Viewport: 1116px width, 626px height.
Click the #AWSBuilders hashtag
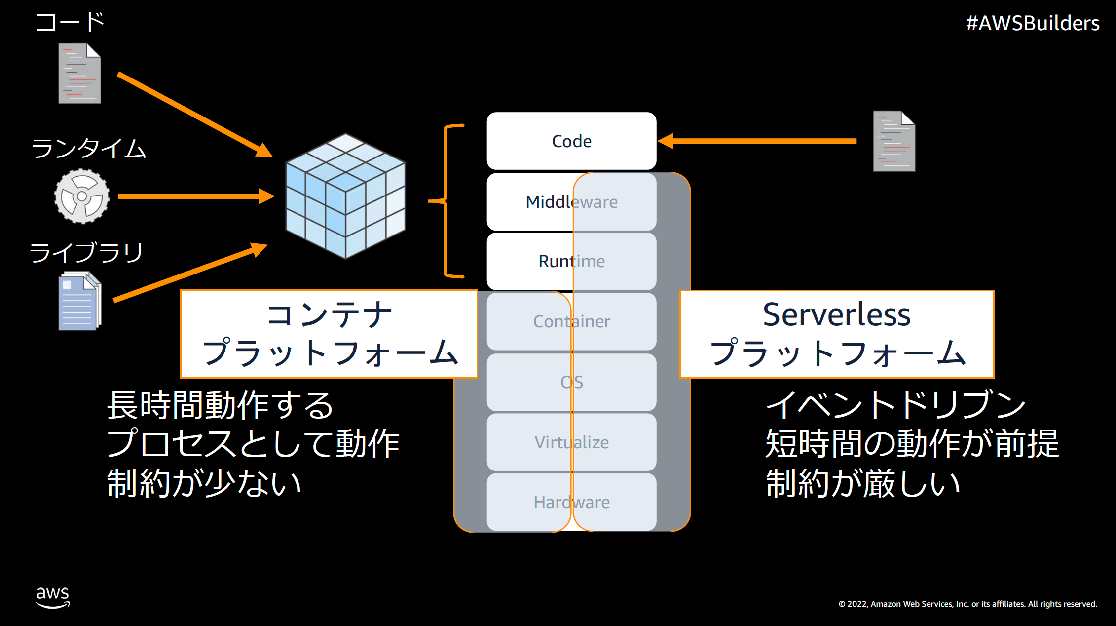1032,23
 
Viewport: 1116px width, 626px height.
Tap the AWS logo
53,597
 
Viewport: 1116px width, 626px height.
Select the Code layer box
571,141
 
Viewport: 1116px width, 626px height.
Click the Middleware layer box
571,202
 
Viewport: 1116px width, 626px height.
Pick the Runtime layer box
571,261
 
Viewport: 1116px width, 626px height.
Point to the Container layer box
571,321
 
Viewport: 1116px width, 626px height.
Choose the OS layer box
571,382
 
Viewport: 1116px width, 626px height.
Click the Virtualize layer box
571,442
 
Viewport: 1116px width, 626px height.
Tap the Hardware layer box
571,502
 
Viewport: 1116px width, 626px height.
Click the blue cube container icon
345,196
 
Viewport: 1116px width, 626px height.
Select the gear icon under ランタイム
82,196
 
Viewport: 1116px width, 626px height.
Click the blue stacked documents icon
79,301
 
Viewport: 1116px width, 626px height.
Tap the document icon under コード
79,74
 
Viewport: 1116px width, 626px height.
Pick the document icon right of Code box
893,141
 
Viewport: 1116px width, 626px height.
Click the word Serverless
836,314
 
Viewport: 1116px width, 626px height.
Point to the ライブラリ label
86,253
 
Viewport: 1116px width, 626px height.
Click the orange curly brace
446,201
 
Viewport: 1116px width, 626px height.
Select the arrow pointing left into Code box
757,141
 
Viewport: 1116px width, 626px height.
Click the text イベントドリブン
895,405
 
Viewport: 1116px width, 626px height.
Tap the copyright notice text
967,604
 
